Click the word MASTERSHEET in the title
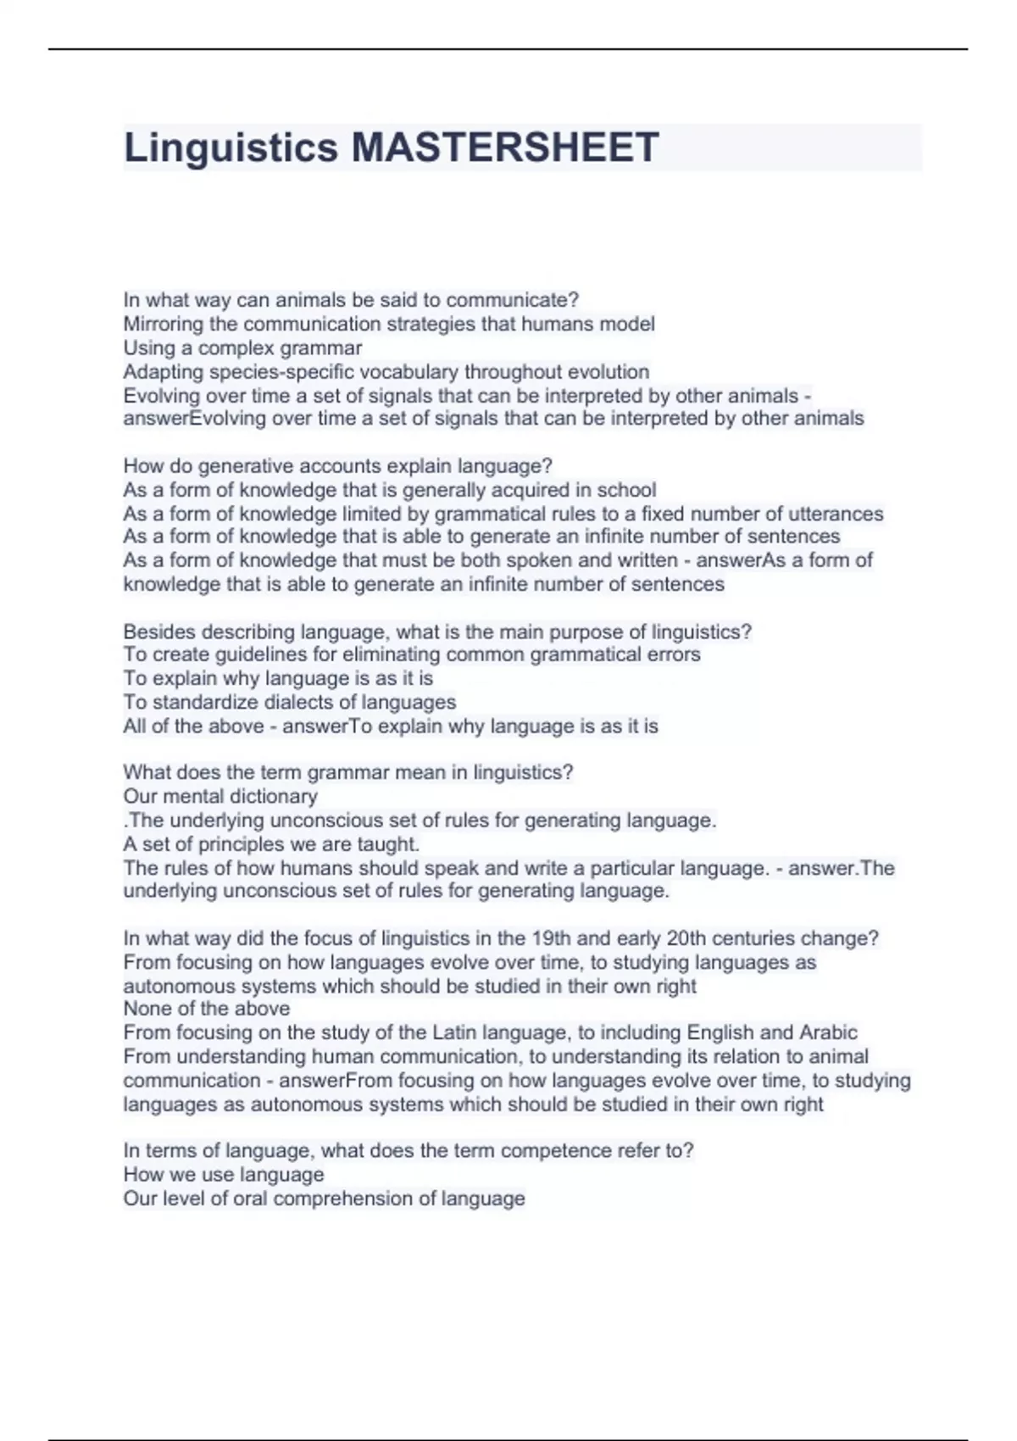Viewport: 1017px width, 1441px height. click(505, 147)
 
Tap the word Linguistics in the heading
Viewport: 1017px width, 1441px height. click(231, 147)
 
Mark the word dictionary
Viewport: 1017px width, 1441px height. click(273, 796)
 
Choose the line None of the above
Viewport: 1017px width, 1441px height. click(207, 1009)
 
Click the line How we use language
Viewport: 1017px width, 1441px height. click(224, 1175)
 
